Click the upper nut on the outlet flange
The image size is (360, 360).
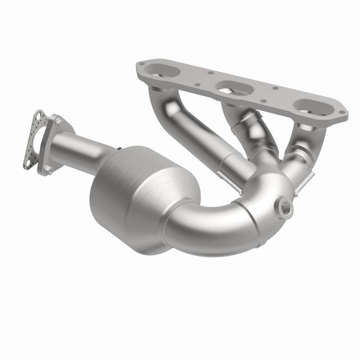[58, 121]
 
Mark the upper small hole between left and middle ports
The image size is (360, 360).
[210, 72]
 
